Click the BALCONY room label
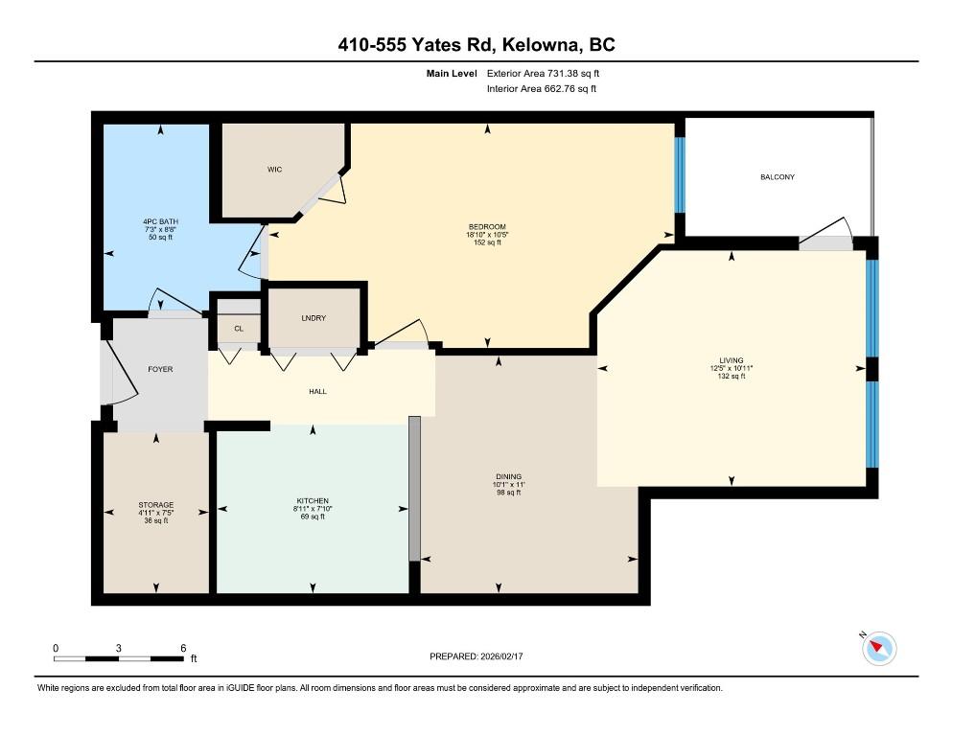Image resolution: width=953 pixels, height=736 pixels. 777,177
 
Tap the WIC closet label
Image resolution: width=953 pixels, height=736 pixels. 274,170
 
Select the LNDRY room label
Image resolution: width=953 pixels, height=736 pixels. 314,318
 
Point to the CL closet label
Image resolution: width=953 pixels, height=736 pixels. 239,329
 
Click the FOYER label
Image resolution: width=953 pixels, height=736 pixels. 160,369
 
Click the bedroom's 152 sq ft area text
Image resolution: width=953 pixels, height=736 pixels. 488,243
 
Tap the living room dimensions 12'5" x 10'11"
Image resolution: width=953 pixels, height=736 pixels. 732,369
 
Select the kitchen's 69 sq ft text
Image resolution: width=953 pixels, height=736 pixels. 312,517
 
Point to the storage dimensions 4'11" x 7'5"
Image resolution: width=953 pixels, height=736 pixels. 155,513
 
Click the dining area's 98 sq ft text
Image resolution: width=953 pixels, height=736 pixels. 508,493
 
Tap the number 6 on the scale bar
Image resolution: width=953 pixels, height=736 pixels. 182,648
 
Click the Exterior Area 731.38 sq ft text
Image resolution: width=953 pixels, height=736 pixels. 544,73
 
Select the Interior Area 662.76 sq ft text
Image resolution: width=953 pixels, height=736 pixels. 542,89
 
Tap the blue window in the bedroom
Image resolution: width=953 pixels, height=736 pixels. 680,176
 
